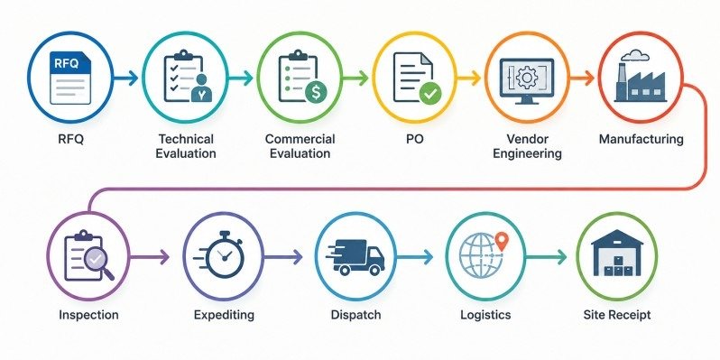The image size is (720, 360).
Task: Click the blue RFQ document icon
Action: (x=70, y=78)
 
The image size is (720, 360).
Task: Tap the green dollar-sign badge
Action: (x=316, y=92)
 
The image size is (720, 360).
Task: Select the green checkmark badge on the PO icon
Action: (x=430, y=94)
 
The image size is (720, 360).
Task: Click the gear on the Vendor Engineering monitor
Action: (x=524, y=77)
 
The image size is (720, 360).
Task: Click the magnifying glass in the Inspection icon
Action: (x=97, y=262)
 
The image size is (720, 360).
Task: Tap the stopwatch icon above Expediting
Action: (x=223, y=254)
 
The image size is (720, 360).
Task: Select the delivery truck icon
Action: (x=355, y=257)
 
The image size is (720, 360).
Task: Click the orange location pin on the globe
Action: (x=503, y=241)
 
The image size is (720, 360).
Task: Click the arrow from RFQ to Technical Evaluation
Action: (x=126, y=78)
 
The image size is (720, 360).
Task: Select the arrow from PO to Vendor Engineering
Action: (x=469, y=78)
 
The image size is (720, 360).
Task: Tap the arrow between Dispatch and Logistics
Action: (x=415, y=257)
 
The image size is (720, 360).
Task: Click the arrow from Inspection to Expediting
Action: (x=150, y=257)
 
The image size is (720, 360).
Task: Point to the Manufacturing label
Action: (x=641, y=139)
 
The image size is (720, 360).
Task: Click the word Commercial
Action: (x=300, y=139)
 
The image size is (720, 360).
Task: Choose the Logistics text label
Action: (x=485, y=315)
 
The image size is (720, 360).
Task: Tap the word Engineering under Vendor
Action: (x=527, y=153)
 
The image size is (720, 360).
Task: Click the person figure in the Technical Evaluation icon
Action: (x=201, y=88)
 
